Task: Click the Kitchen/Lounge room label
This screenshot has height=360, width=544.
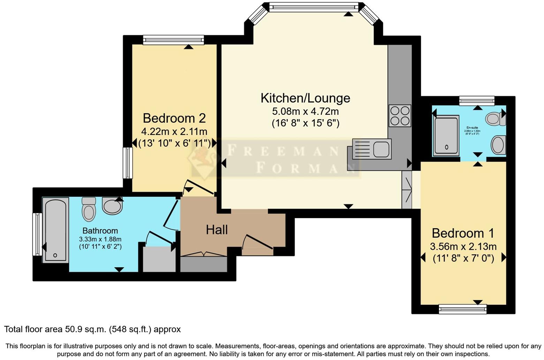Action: point(305,98)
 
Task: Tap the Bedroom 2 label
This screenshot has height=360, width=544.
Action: point(174,118)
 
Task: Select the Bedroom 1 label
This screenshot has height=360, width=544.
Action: point(463,233)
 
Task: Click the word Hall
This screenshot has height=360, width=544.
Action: point(217,230)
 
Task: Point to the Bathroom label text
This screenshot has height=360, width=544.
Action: point(100,231)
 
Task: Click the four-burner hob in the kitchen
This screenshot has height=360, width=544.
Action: point(400,116)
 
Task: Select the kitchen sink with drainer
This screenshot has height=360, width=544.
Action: point(372,149)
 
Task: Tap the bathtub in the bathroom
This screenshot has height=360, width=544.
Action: point(56,230)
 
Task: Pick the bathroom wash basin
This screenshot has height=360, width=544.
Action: point(112,206)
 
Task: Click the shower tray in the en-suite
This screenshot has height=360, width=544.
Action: point(446,136)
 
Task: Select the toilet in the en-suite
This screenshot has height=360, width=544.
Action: point(496,119)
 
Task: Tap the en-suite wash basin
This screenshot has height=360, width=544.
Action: point(498,145)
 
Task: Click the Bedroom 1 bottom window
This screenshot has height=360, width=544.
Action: point(462,309)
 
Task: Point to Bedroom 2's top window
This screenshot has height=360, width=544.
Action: point(173,40)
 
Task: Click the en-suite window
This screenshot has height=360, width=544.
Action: point(476,101)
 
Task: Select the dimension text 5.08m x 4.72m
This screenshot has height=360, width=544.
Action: point(305,112)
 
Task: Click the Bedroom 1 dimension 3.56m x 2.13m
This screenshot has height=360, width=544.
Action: point(463,247)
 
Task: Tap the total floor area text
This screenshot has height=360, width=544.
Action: point(92,329)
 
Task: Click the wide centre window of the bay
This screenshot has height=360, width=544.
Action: point(314,7)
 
